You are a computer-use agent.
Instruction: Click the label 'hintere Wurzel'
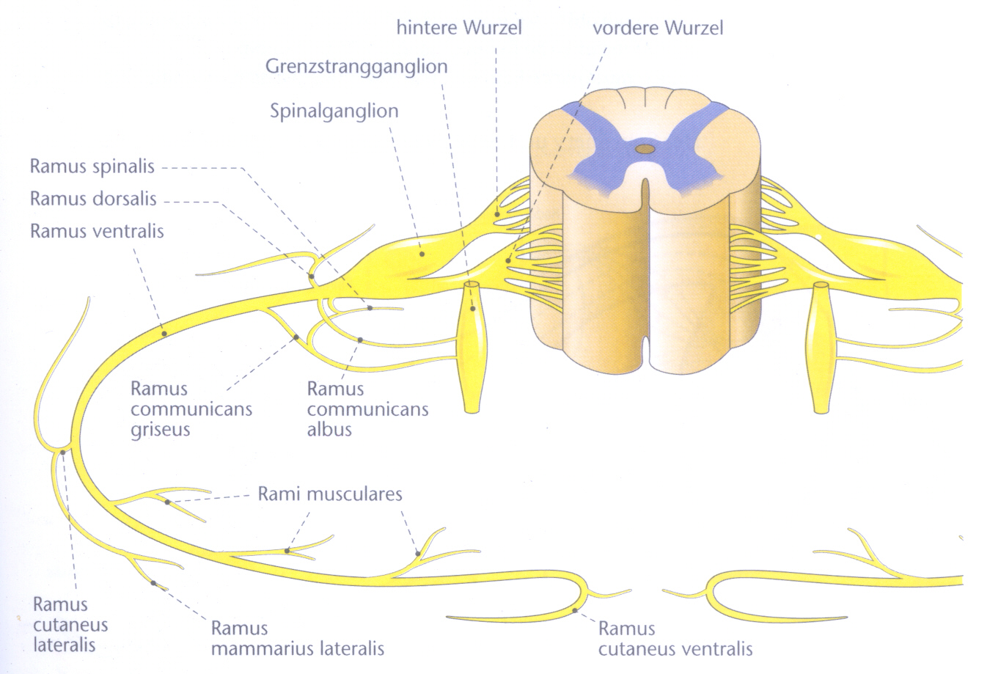coord(459,28)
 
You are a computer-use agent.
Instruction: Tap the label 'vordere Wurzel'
coord(657,28)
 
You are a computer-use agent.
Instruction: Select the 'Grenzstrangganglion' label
coord(356,66)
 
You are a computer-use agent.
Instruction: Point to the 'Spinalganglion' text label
coord(334,111)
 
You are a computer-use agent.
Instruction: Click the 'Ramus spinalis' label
coord(92,166)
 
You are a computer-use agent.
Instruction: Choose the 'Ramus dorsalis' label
coord(93,199)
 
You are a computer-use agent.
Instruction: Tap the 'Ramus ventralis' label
coord(97,232)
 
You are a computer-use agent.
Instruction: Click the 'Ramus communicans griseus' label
coord(191,409)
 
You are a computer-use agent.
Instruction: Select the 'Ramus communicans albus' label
coord(367,409)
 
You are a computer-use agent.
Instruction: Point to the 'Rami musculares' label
coord(329,494)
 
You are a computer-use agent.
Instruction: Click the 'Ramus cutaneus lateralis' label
coord(70,625)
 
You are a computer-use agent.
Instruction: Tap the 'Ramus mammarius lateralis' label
coord(297,638)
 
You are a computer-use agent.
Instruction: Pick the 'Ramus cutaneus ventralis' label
coord(675,638)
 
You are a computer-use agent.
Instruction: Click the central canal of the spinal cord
coord(645,150)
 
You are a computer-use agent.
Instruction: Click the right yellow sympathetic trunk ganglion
coord(821,345)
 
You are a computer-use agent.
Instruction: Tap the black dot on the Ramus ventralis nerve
coord(164,333)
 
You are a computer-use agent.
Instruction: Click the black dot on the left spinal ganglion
coord(422,254)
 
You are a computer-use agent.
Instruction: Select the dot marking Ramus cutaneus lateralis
coord(63,452)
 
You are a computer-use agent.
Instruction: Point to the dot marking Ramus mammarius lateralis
coord(153,583)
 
